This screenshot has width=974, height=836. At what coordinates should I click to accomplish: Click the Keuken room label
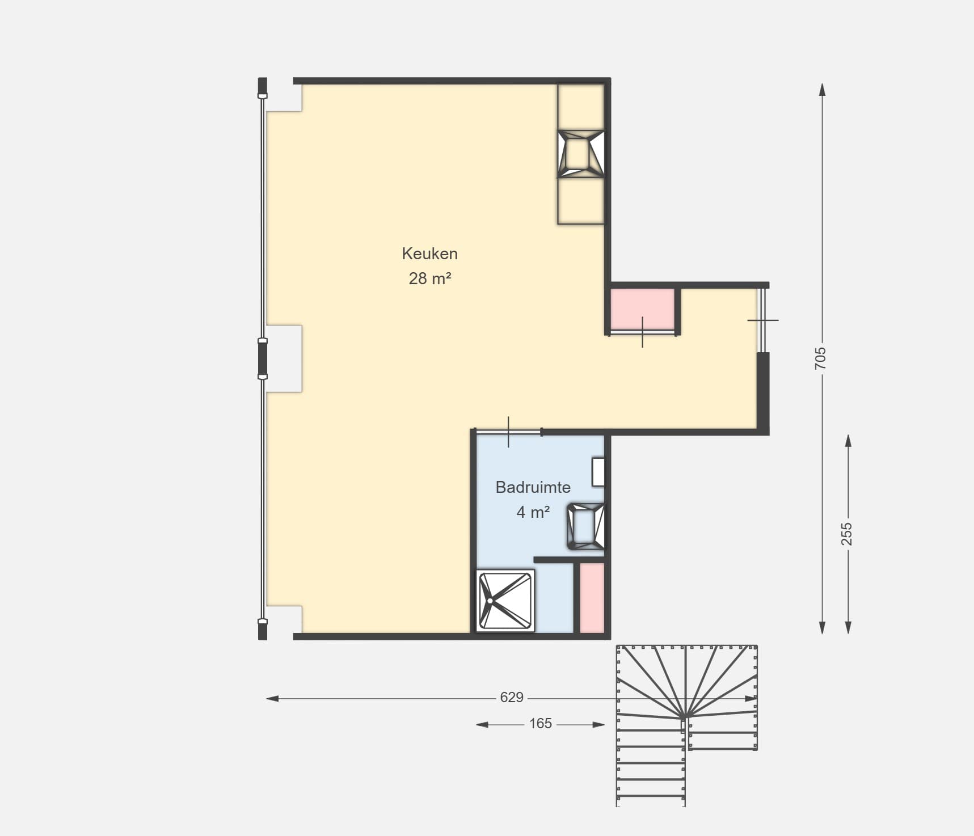click(429, 254)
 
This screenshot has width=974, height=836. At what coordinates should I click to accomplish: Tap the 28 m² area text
click(429, 278)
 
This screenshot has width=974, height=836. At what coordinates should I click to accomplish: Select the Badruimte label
click(533, 487)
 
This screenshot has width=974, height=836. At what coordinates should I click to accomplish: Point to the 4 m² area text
click(533, 512)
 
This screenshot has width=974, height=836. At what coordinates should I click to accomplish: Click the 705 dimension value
click(821, 358)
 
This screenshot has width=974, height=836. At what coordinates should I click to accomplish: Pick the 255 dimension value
click(846, 534)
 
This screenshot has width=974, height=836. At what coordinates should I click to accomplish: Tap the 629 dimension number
click(511, 698)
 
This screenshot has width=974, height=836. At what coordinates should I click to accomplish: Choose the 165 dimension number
click(540, 724)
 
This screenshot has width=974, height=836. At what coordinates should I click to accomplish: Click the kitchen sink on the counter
click(581, 154)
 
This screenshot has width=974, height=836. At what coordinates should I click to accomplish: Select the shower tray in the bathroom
click(505, 600)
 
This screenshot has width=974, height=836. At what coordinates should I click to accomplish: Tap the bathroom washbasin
click(586, 526)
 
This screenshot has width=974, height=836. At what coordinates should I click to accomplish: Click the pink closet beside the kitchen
click(642, 309)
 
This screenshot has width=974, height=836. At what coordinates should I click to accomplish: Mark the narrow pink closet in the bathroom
click(592, 598)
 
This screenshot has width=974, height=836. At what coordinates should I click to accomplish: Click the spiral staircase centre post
click(683, 719)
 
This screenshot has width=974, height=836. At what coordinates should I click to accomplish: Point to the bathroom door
click(508, 432)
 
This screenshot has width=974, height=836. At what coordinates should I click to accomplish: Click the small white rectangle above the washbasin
click(598, 472)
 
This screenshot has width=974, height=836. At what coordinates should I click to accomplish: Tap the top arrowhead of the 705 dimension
click(822, 90)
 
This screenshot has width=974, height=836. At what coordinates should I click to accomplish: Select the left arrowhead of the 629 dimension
click(272, 698)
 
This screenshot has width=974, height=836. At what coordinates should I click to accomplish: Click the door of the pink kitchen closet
click(642, 333)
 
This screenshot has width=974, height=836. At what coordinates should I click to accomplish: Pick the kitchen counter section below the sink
click(581, 201)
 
